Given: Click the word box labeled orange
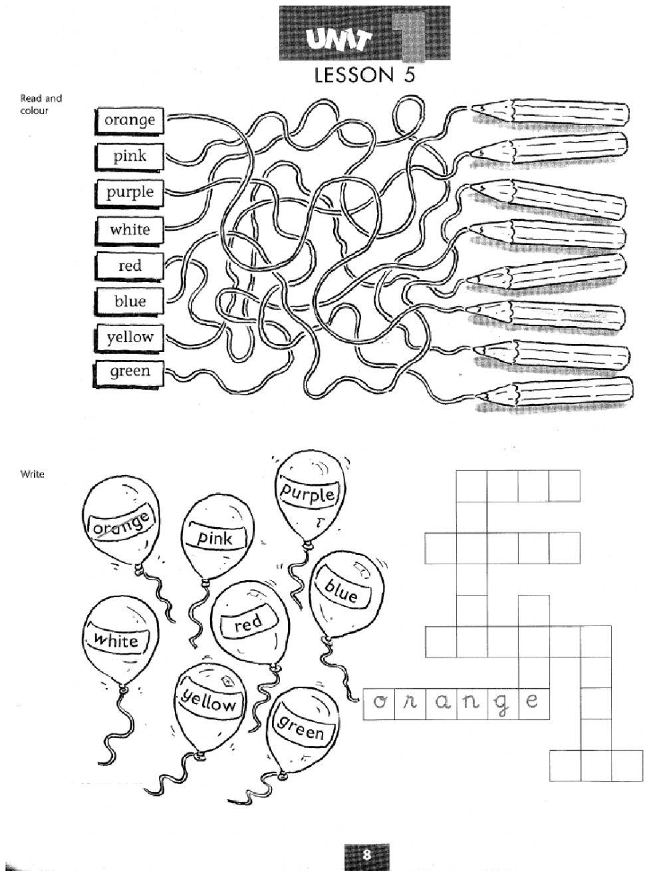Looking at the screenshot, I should coord(130,120).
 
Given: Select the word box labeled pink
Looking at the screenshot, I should coord(130,156).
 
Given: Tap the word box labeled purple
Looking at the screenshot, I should coord(130,192).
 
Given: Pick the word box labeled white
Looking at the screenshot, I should coord(130,230).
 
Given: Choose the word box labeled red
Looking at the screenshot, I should coord(130,265).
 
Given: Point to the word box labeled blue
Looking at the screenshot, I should coord(130,301).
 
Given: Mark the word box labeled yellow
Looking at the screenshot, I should coord(130,337).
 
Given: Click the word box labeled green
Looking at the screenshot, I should coord(130,371).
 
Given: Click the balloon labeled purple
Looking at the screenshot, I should coord(307,496).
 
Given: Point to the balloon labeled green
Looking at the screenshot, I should coord(301,729).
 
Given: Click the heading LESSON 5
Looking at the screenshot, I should coord(364,75).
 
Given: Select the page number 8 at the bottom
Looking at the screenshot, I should coord(366,854).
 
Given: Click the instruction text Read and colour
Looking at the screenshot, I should coord(41,104).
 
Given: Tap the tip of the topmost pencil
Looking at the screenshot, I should coord(474,106).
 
